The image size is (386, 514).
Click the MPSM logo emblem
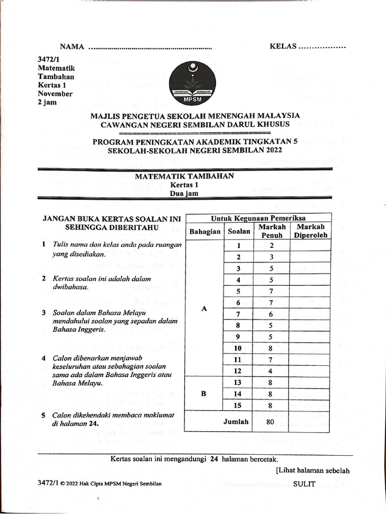coord(192,82)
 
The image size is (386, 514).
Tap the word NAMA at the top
coord(71,47)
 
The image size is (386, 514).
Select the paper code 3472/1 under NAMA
coord(48,59)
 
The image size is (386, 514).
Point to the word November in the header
coord(55,94)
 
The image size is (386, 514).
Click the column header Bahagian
coord(204,232)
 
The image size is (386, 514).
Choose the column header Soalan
coord(239,232)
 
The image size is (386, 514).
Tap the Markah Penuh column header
coord(271,231)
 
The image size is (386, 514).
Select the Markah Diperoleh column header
coord(310,231)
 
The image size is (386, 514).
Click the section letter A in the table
coord(204,309)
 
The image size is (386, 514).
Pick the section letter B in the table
coord(204,394)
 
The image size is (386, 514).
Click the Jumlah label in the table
coord(236,422)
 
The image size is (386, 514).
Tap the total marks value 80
coord(270,422)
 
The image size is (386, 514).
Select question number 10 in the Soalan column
coord(238,348)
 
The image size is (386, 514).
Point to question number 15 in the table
coord(238,405)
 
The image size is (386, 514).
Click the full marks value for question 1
coord(271,245)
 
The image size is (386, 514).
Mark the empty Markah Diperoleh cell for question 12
coord(310,371)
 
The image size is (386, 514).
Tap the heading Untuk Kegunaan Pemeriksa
coord(258,218)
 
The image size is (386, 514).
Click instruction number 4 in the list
coord(44,358)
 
